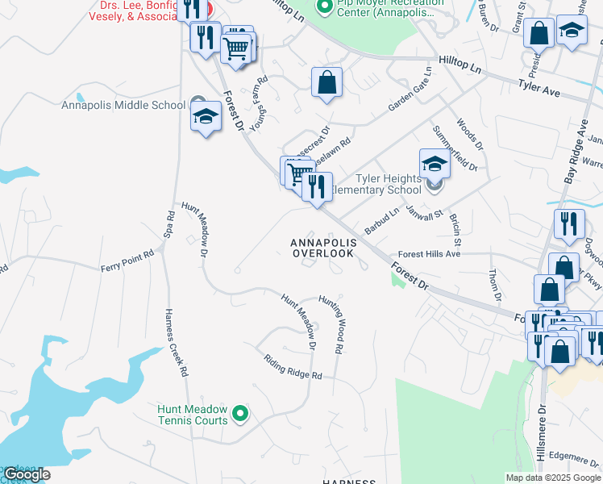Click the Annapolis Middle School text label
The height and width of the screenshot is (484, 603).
point(123,104)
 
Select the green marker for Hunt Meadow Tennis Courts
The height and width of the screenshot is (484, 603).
point(239,415)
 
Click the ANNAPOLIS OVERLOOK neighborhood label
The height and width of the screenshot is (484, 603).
point(322,248)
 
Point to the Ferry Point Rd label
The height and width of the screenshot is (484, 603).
point(127,262)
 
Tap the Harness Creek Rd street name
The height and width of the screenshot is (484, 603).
point(176,343)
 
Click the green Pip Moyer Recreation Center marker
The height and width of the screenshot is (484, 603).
point(325,8)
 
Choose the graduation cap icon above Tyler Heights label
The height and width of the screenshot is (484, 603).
point(434,164)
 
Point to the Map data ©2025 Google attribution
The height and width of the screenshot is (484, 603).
point(553,478)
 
